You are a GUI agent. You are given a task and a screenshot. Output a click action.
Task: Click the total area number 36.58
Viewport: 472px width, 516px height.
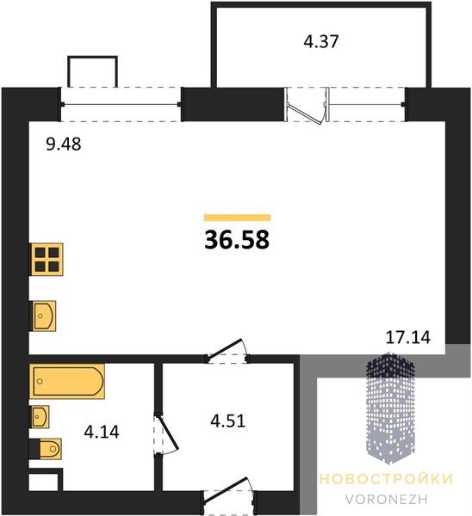pyautogui.click(x=237, y=240)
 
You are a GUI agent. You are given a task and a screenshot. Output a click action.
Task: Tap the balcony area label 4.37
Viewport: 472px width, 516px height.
pyautogui.click(x=321, y=42)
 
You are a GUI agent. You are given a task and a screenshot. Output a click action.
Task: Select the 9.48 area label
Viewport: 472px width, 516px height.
pyautogui.click(x=63, y=144)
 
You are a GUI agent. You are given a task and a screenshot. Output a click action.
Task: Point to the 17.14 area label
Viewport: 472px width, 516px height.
pyautogui.click(x=407, y=337)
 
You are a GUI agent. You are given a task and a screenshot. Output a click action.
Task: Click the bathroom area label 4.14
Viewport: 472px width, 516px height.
pyautogui.click(x=102, y=432)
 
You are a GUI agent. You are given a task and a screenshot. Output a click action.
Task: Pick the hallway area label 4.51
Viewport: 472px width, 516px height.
pyautogui.click(x=228, y=421)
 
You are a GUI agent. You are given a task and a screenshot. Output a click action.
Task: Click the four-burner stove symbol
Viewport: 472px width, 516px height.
pyautogui.click(x=47, y=260)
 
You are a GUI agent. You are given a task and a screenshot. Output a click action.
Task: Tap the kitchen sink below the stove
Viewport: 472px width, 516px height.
pyautogui.click(x=43, y=316)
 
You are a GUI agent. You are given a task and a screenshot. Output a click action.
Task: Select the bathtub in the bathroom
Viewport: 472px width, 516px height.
pyautogui.click(x=67, y=381)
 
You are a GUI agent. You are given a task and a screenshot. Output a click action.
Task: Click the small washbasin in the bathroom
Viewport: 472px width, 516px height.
pyautogui.click(x=40, y=416)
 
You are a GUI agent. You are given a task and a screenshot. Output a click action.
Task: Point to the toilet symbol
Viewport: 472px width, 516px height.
pyautogui.click(x=46, y=449)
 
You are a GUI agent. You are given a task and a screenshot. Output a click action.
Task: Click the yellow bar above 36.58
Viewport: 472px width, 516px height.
pyautogui.click(x=238, y=218)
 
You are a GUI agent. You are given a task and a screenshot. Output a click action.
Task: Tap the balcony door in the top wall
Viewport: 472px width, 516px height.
pyautogui.click(x=307, y=106)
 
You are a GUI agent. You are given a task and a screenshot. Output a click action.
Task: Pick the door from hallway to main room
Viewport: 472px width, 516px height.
pyautogui.click(x=227, y=351)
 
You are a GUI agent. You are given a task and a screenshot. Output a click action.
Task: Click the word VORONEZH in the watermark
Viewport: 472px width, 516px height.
pyautogui.click(x=387, y=499)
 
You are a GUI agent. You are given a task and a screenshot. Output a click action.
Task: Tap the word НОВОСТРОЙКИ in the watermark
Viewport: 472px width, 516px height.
pyautogui.click(x=386, y=479)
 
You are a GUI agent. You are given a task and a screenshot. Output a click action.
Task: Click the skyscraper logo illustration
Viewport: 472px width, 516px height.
pyautogui.click(x=390, y=408)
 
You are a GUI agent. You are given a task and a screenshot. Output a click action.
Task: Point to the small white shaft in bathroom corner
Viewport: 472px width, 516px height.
pyautogui.click(x=44, y=482)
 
